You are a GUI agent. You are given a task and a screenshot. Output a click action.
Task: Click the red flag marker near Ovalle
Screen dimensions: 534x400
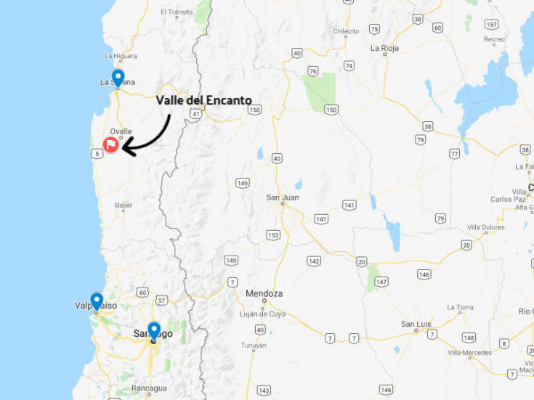pos(110,144)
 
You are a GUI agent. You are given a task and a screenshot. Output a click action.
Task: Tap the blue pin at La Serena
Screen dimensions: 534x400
pos(118,77)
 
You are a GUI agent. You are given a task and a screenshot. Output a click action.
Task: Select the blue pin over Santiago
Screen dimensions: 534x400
pos(153,330)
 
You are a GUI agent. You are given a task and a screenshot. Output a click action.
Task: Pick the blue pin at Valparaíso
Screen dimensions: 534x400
pos(97,301)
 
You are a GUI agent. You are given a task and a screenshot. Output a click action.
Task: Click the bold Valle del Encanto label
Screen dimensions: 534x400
pos(204,100)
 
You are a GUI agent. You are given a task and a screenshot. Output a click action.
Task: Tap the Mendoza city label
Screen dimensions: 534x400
pos(264,293)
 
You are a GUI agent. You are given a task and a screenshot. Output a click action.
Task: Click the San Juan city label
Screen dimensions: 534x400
pos(283,197)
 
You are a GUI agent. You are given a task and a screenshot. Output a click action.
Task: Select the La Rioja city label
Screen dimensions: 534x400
pos(384,49)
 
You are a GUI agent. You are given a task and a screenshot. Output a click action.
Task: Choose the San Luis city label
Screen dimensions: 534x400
pos(418,324)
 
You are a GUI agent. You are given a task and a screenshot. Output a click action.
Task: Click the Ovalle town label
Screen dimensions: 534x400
pos(121,131)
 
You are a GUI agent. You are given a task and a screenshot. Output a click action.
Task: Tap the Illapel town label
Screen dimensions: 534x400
pos(123,205)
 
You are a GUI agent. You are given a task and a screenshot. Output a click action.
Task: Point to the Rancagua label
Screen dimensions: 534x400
pos(149,388)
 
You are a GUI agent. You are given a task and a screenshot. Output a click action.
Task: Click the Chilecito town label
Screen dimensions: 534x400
pos(346,31)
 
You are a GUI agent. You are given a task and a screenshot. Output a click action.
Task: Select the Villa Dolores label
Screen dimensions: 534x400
pos(486,227)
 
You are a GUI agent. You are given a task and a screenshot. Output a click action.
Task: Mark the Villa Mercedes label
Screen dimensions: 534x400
pos(469,353)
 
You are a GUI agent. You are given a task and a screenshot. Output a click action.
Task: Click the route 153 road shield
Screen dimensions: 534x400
pos(273,234)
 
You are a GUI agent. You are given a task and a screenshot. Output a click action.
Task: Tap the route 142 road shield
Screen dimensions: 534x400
pos(314,260)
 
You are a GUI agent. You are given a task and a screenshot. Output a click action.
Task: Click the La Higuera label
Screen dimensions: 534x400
pos(120,56)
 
